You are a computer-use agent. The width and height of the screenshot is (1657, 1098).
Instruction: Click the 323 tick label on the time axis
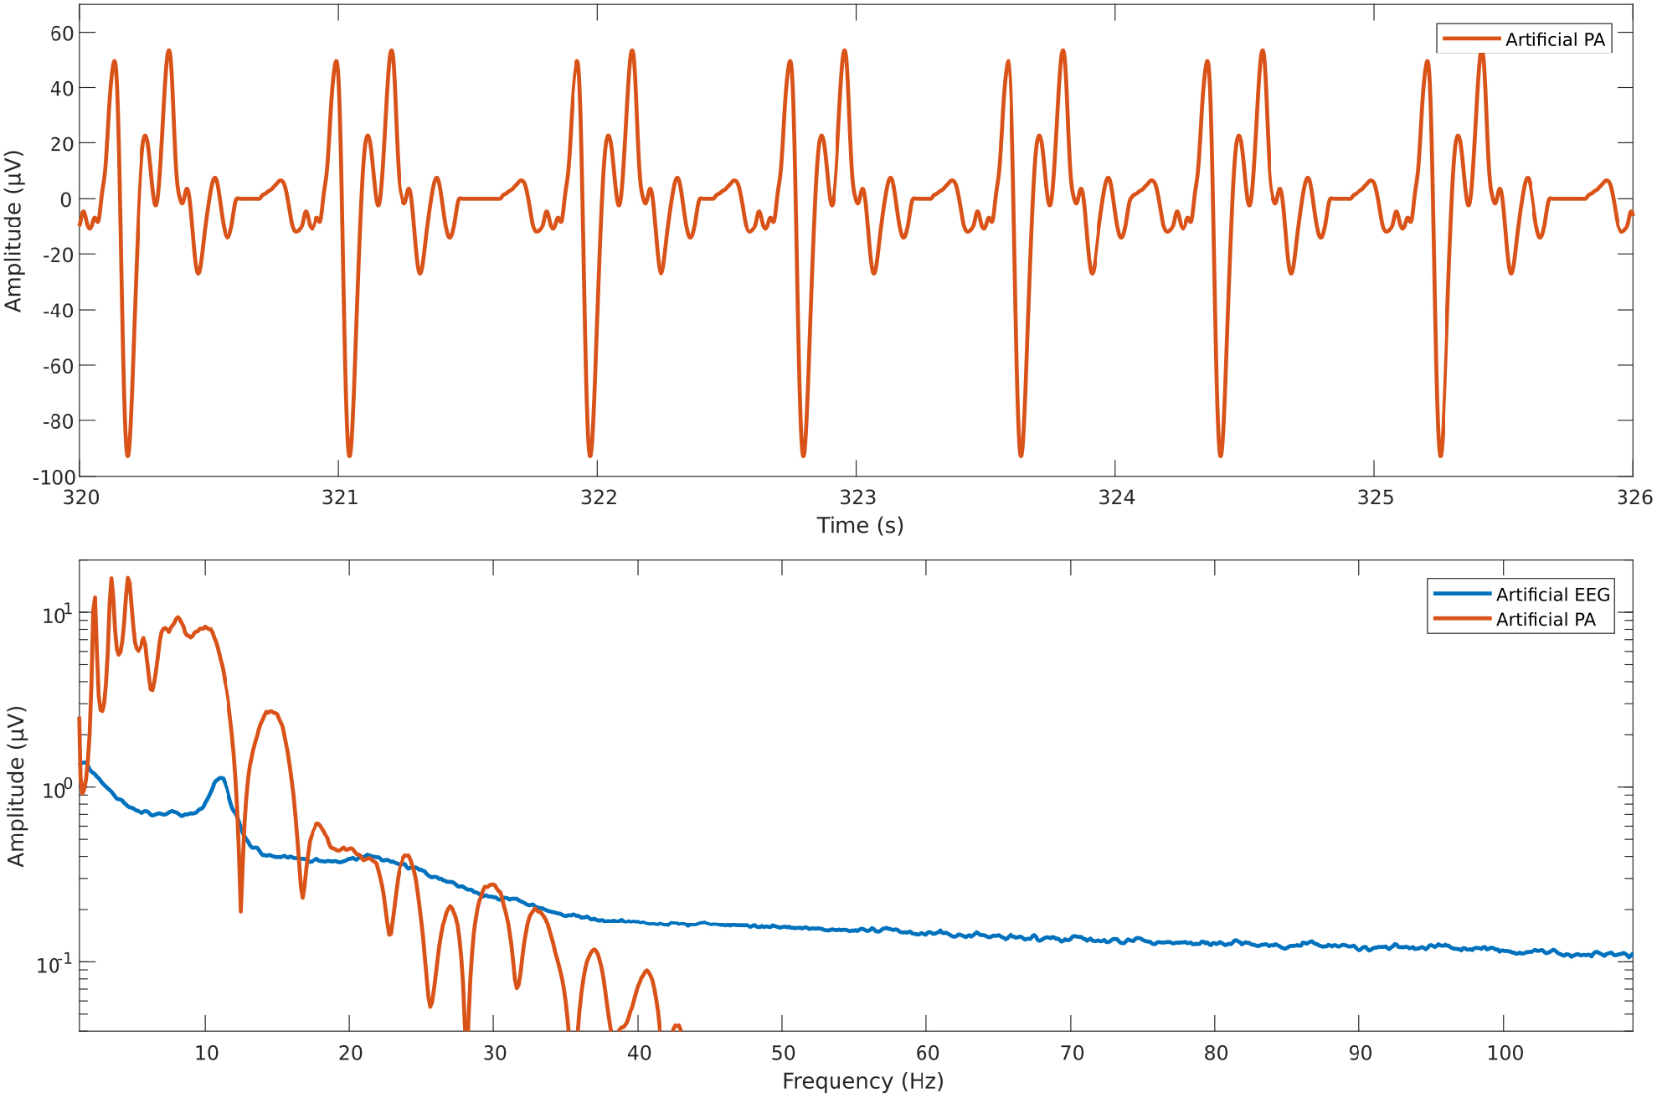(857, 497)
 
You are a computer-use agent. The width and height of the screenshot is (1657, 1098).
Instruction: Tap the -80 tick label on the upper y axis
(58, 421)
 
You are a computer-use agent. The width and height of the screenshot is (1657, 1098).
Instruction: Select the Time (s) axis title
(860, 525)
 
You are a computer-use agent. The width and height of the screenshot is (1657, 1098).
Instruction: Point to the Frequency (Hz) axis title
(862, 1081)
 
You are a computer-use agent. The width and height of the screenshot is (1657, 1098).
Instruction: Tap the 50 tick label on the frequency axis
(783, 1054)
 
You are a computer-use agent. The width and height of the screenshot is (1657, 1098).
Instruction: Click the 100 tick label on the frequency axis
(1505, 1054)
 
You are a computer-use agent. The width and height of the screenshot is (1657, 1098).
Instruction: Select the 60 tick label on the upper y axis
(62, 34)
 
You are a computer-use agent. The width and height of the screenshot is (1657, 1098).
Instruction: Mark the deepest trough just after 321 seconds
(349, 456)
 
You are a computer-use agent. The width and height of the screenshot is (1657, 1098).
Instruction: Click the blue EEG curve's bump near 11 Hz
(220, 778)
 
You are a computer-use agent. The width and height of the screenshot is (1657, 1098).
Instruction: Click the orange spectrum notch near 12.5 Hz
(241, 910)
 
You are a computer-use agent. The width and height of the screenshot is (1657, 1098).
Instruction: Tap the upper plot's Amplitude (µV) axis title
(13, 231)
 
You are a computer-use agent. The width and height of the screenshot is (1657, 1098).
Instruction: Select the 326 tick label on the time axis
(1634, 497)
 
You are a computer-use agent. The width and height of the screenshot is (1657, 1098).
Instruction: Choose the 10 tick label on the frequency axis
(207, 1054)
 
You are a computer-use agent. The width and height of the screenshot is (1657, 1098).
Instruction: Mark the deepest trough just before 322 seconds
(590, 456)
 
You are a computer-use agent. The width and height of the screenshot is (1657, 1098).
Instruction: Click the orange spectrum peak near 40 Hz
(646, 972)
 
